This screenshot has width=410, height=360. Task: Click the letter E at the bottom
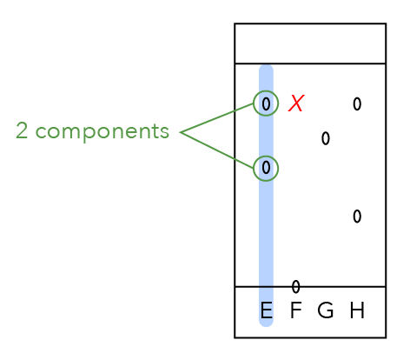pyautogui.click(x=267, y=310)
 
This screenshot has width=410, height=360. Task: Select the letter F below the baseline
pyautogui.click(x=295, y=310)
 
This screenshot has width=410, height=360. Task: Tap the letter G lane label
pyautogui.click(x=326, y=310)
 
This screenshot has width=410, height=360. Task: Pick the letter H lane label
pyautogui.click(x=357, y=310)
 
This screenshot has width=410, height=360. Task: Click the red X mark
pyautogui.click(x=296, y=103)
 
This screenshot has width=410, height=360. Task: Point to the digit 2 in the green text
pyautogui.click(x=22, y=130)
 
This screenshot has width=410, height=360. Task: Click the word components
pyautogui.click(x=102, y=132)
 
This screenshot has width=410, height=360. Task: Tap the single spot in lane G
pyautogui.click(x=326, y=138)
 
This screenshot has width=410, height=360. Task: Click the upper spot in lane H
pyautogui.click(x=357, y=103)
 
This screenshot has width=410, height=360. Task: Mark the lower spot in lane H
pyautogui.click(x=357, y=217)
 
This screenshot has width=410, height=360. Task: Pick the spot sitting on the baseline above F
pyautogui.click(x=295, y=287)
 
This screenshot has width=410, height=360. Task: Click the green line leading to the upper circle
pyautogui.click(x=217, y=117)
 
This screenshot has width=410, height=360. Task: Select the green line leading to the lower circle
pyautogui.click(x=217, y=150)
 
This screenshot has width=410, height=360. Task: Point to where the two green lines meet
pyautogui.click(x=181, y=132)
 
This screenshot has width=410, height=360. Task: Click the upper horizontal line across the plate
pyautogui.click(x=310, y=63)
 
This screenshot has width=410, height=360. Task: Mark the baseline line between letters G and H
pyautogui.click(x=341, y=287)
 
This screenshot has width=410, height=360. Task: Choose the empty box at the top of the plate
pyautogui.click(x=310, y=43)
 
